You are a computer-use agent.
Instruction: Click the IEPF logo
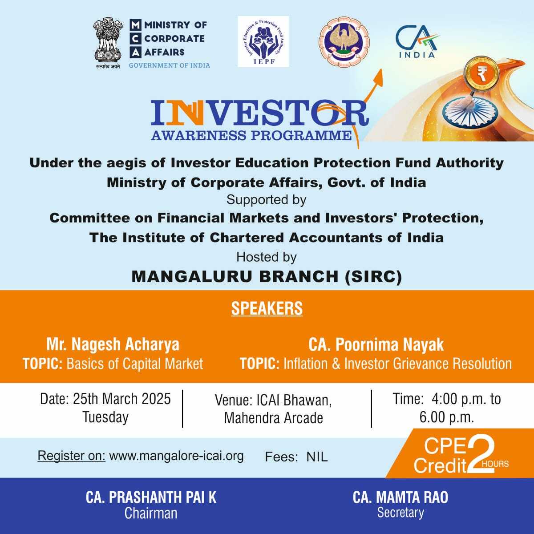[263, 41]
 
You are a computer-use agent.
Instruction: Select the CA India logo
[417, 41]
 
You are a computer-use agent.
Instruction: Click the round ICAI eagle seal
[344, 42]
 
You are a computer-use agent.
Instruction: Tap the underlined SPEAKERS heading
[267, 308]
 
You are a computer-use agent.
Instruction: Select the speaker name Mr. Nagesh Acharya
[113, 344]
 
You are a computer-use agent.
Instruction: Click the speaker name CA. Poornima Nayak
[376, 344]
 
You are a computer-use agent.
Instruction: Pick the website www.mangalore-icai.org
[177, 456]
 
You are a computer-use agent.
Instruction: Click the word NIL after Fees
[317, 457]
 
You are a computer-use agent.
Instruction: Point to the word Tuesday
[105, 417]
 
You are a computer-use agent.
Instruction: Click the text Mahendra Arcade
[274, 418]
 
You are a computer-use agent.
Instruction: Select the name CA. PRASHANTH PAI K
[151, 497]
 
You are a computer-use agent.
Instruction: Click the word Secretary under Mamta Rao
[400, 512]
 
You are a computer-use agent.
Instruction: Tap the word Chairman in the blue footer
[151, 513]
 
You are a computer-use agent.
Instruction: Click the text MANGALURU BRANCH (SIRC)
[267, 276]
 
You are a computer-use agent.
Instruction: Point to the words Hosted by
[266, 257]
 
